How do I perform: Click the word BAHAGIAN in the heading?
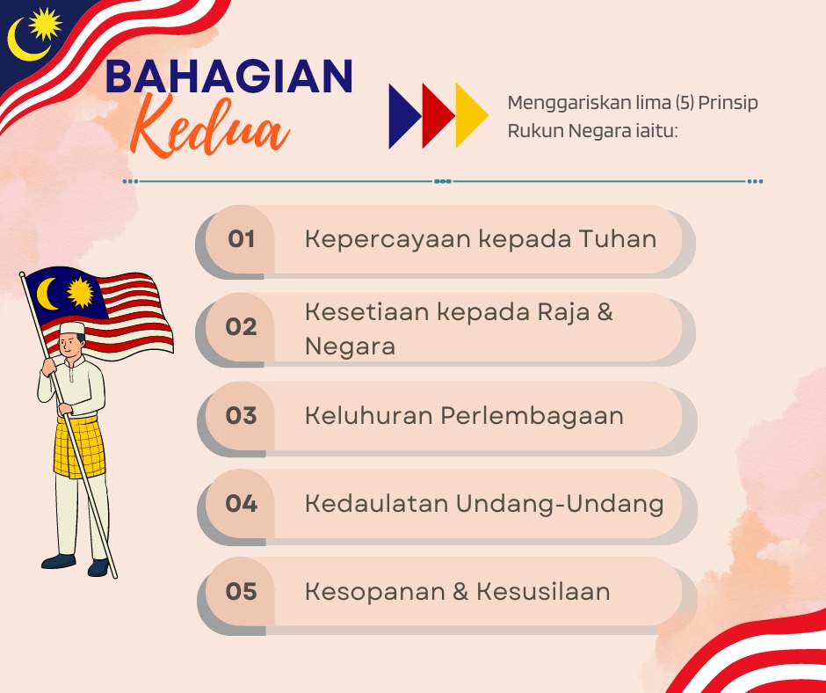[x=229, y=77]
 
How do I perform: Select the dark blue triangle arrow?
[x=404, y=116]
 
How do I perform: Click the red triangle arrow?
[x=438, y=116]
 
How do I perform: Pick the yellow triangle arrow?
[x=472, y=116]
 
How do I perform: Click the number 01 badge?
[x=242, y=239]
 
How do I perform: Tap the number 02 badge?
[x=242, y=327]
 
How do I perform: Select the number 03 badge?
[x=242, y=416]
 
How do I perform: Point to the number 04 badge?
[x=242, y=504]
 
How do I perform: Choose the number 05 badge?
[x=242, y=591]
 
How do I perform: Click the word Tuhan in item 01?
[x=618, y=239]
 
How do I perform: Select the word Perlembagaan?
[x=532, y=416]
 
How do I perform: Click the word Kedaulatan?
[x=377, y=504]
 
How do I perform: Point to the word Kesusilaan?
[x=543, y=591]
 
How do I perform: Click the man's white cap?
[x=72, y=328]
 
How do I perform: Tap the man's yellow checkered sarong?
[x=80, y=447]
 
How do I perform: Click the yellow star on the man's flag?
[x=81, y=293]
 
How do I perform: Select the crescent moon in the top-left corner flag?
[x=25, y=42]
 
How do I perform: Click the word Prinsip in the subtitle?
[x=728, y=103]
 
